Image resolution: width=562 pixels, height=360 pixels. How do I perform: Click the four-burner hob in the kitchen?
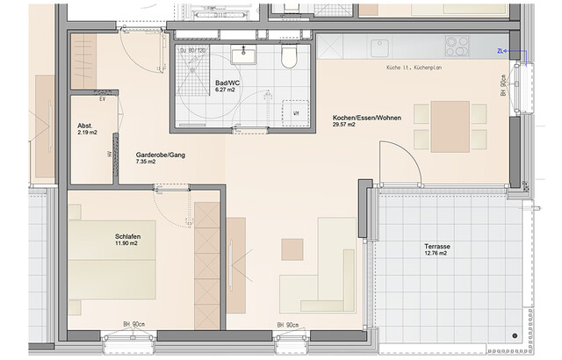tap(456, 44)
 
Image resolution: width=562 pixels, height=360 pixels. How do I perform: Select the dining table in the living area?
tap(449, 126)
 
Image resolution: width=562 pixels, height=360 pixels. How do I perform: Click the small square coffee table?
tap(292, 248)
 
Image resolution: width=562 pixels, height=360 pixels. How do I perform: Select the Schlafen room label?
tap(128, 237)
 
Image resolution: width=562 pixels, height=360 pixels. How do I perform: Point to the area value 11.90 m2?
tap(128, 247)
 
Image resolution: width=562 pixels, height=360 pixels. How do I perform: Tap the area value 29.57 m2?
tap(344, 126)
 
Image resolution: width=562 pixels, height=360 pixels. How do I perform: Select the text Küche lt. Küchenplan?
tap(418, 68)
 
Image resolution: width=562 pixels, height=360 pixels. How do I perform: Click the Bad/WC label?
tap(228, 83)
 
